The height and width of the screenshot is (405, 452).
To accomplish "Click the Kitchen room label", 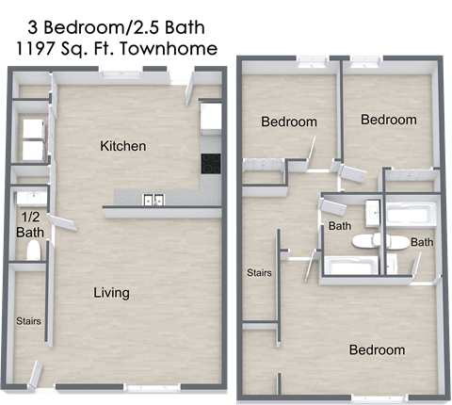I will click(123, 146).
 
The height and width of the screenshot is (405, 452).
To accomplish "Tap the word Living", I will click(111, 293).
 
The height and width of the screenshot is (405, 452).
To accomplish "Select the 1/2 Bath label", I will click(29, 223).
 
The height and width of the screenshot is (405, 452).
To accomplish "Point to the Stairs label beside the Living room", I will click(28, 321).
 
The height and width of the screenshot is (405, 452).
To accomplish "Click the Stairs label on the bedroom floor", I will click(259, 273).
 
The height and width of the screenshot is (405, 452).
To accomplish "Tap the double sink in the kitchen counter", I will click(153, 199).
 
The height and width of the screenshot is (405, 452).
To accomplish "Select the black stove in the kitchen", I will click(211, 163).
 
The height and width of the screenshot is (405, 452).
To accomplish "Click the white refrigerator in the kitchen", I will click(211, 117).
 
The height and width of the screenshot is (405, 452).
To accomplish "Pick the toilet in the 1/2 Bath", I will click(33, 250).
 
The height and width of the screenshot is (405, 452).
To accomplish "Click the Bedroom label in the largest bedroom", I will click(377, 350).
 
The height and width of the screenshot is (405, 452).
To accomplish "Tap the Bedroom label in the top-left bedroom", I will click(288, 121).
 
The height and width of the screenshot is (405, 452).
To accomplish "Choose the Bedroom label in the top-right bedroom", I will click(388, 120).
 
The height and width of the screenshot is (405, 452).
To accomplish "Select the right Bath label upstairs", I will click(422, 242).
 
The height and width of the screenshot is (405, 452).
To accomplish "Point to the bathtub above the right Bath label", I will click(411, 215).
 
